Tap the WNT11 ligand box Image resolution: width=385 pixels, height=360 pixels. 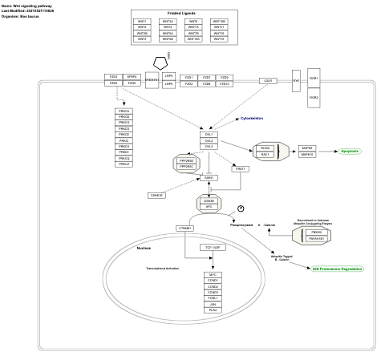coord(219,27)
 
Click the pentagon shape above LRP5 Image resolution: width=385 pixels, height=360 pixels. coord(161,62)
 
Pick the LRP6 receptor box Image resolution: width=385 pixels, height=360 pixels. coord(168,84)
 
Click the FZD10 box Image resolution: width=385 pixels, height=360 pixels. coord(225,84)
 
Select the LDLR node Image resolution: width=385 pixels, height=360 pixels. coord(269,81)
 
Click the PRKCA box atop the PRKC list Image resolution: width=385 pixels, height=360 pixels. coord(124,111)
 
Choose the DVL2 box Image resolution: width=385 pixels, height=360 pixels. coord(209,140)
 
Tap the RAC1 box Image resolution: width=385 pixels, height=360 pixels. coord(265,155)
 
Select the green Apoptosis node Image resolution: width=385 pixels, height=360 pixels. coord(350,151)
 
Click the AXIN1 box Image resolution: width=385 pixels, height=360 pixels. coord(209,177)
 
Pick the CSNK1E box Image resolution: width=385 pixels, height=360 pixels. coord(157,195)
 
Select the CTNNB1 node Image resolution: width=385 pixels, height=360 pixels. coord(185,229)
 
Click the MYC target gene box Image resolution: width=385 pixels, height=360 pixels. coord(213,274)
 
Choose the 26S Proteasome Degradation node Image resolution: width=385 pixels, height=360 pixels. coord(338,269)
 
